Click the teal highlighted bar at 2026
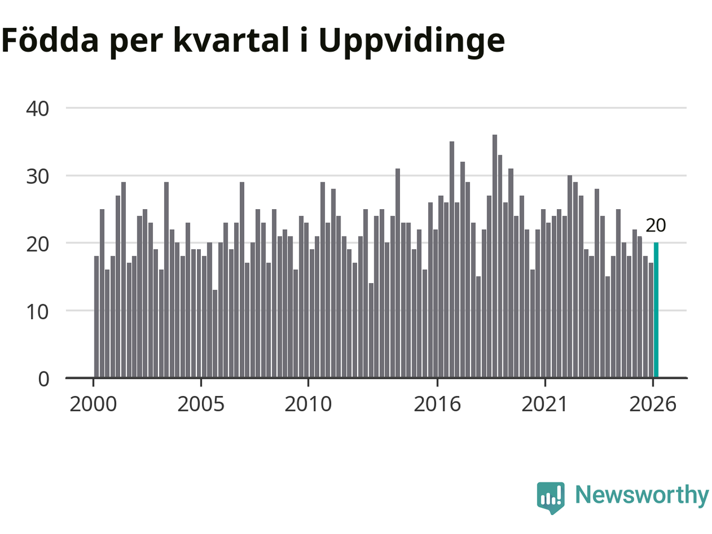point(656,310)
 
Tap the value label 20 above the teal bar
point(656,225)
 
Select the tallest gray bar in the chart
point(495,256)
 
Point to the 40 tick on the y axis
point(38,108)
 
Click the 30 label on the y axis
point(38,177)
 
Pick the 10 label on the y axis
point(38,312)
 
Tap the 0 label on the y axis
point(44,379)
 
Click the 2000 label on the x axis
point(93,404)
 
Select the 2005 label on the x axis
point(201,404)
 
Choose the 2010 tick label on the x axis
point(308,404)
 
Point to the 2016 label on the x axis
point(437,404)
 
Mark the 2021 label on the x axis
point(545,404)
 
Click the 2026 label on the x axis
point(652,404)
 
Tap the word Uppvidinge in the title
point(412,41)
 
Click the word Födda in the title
point(50,39)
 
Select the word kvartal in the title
point(231,39)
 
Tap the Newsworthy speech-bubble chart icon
point(551,498)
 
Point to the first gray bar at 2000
point(96,317)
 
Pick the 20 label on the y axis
point(38,244)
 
